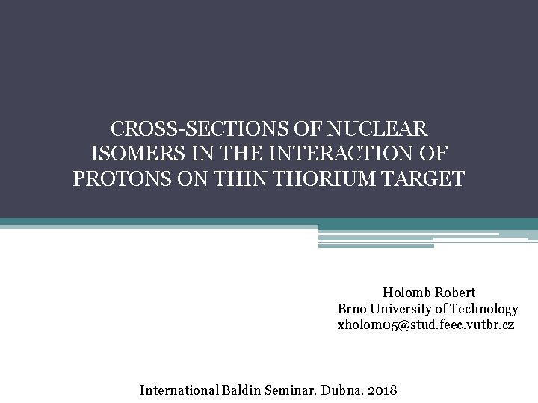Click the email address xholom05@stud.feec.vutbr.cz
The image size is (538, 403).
point(426,325)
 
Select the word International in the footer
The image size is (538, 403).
point(178,390)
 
